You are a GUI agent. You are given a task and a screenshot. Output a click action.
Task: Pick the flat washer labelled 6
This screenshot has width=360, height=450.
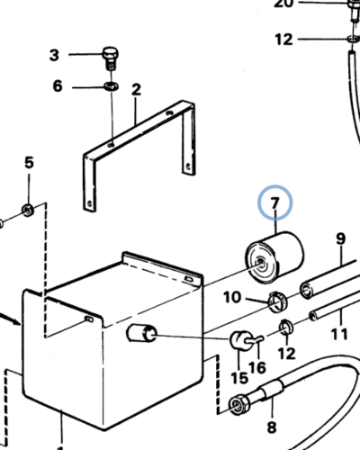[x=110, y=86]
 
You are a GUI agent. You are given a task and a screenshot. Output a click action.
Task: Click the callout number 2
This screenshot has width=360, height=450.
[x=136, y=89]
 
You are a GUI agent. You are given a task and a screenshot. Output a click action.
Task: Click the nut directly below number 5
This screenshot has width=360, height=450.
[x=28, y=211]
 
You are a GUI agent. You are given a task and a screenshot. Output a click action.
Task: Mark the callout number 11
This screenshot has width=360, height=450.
[x=338, y=335]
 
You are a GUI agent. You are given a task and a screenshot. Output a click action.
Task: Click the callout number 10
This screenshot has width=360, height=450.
[x=231, y=297]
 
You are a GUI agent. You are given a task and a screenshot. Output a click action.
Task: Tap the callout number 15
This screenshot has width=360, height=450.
[x=238, y=379]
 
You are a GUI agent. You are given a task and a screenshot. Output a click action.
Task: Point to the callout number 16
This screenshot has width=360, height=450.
[x=258, y=368]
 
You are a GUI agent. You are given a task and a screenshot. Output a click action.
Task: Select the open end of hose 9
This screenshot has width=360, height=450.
[x=307, y=288]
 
